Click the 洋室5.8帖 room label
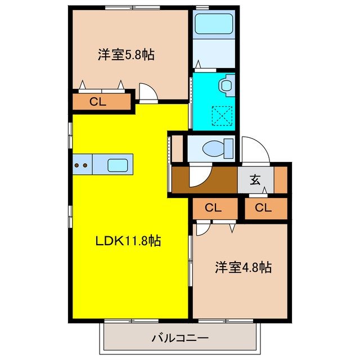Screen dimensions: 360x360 click(126, 55)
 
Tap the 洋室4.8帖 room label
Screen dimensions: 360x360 click(243, 267)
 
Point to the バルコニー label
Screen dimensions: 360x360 click(180, 339)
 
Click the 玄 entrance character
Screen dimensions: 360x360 click(255, 180)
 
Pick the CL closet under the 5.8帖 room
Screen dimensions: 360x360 click(98, 102)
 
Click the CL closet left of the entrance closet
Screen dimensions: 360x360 click(213, 208)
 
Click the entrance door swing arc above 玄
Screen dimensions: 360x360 click(254, 150)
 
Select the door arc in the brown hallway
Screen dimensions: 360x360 click(198, 176)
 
